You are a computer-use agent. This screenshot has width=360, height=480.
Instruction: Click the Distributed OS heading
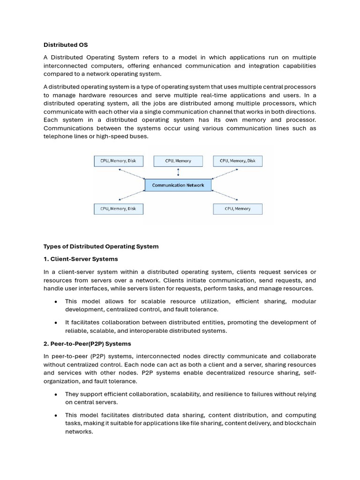(66, 45)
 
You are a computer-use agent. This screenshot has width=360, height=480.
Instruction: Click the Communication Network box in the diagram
(178, 185)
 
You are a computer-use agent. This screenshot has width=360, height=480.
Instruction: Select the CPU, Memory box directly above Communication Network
(178, 161)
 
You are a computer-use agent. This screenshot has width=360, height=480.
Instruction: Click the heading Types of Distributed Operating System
(101, 246)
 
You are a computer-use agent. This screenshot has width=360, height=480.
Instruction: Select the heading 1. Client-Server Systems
(81, 259)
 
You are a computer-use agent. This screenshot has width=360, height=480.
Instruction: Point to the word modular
(304, 301)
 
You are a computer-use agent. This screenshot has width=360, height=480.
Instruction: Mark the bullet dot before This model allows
(56, 301)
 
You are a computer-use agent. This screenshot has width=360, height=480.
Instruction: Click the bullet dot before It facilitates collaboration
(56, 322)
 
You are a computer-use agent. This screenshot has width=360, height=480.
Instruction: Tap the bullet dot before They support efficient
(56, 394)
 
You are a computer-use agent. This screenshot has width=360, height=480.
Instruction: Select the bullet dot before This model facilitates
(56, 415)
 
